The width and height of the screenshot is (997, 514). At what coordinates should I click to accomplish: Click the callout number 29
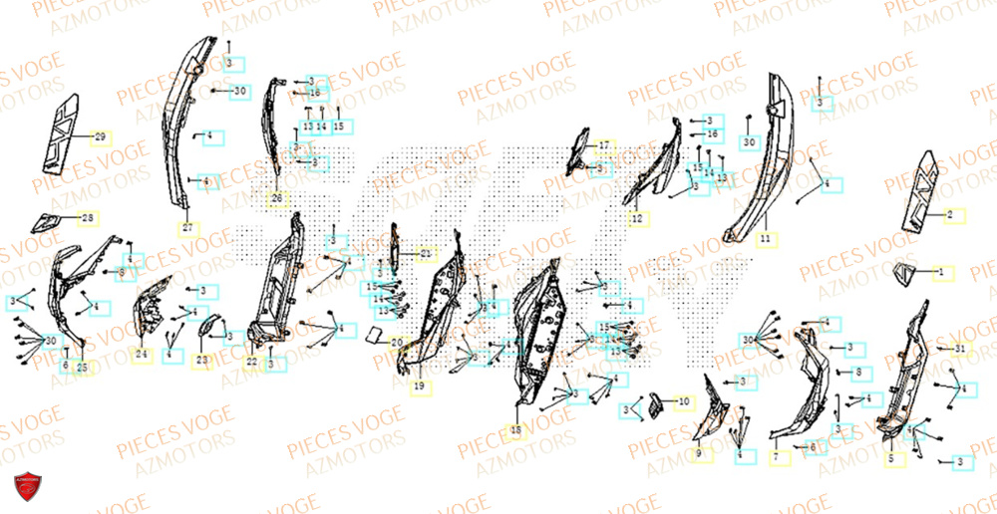coord(100,136)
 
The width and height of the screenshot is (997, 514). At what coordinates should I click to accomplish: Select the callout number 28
coord(88,218)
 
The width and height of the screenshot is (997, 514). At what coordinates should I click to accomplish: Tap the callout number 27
coord(185,228)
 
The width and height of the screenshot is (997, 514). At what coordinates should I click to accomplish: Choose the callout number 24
coord(141,354)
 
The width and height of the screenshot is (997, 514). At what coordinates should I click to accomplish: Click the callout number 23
coord(202,360)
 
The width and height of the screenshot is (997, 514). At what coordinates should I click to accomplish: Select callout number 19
coord(419,385)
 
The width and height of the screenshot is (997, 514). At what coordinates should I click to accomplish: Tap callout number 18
coord(515,430)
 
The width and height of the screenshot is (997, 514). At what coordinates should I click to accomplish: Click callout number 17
coord(604,145)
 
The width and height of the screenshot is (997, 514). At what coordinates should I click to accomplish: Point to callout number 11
coord(765,240)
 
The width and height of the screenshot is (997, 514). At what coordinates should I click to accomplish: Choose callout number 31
coord(959,349)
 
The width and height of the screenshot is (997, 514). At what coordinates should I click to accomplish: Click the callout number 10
coord(683,402)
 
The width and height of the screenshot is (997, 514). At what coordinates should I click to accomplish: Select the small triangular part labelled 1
coord(905,273)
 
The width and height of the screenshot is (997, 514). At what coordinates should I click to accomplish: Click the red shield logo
coord(28,487)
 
